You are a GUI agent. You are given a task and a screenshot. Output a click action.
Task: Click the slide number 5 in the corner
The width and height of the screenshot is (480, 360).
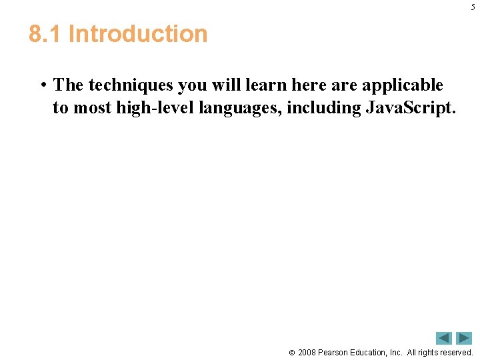(473, 7)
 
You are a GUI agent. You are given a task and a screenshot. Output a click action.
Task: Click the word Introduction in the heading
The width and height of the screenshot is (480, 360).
(138, 34)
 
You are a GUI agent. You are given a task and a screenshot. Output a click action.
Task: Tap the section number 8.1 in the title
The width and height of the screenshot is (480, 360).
(45, 34)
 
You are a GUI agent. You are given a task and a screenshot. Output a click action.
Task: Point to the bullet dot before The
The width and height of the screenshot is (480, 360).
(42, 86)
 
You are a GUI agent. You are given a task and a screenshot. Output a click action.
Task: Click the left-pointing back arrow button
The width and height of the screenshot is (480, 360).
(444, 338)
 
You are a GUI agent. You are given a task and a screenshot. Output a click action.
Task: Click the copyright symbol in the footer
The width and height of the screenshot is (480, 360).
(291, 353)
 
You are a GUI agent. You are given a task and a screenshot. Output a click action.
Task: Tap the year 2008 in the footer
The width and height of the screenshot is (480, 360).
(307, 352)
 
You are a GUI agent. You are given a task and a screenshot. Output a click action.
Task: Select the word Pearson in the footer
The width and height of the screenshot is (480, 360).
(335, 352)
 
